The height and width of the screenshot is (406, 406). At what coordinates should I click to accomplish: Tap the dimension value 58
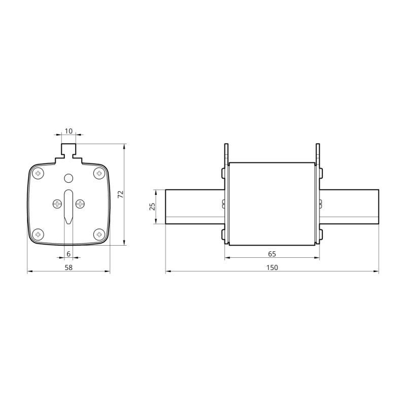[x=69, y=268]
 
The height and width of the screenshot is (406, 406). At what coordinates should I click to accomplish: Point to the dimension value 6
[x=69, y=254]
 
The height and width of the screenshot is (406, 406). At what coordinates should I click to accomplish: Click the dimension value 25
[x=152, y=207]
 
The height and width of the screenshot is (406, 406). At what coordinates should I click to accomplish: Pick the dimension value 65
[x=272, y=254]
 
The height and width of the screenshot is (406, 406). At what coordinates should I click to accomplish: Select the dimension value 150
[x=272, y=268]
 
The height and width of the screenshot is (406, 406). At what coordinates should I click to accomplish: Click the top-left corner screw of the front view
[x=39, y=174]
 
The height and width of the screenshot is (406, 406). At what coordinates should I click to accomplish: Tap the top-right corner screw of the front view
[x=98, y=174]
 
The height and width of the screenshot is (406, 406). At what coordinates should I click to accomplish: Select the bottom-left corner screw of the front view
[x=39, y=234]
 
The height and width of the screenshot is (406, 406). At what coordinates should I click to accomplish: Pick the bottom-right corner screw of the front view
[x=98, y=234]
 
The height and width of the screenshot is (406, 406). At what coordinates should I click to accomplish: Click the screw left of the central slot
[x=57, y=204]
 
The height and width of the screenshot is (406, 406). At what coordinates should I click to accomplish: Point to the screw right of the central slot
[x=80, y=204]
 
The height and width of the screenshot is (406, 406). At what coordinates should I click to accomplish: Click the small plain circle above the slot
[x=69, y=178]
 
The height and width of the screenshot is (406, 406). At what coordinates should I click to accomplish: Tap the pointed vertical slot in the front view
[x=69, y=206]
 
